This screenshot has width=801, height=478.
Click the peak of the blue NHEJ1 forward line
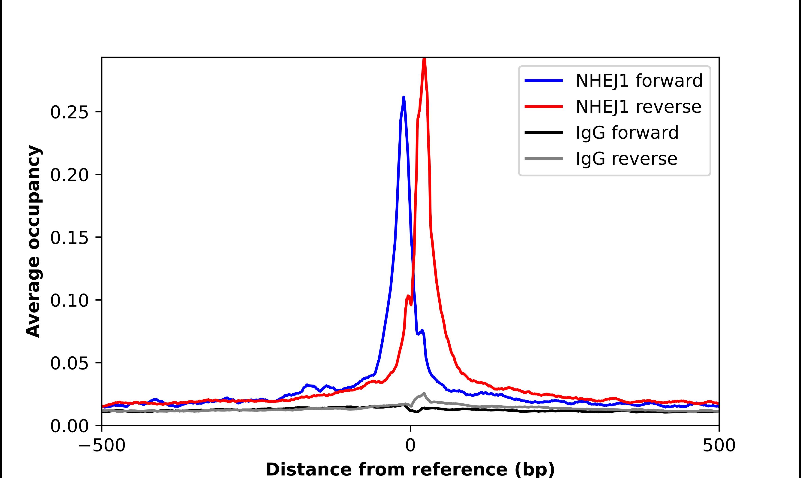pyautogui.click(x=403, y=97)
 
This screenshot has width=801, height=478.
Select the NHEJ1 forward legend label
pyautogui.click(x=639, y=81)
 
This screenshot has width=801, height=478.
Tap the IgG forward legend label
pyautogui.click(x=627, y=133)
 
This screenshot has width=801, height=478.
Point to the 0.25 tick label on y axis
pyautogui.click(x=69, y=112)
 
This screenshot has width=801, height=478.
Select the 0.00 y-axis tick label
pyautogui.click(x=69, y=426)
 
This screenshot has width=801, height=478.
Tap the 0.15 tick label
pyautogui.click(x=69, y=238)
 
